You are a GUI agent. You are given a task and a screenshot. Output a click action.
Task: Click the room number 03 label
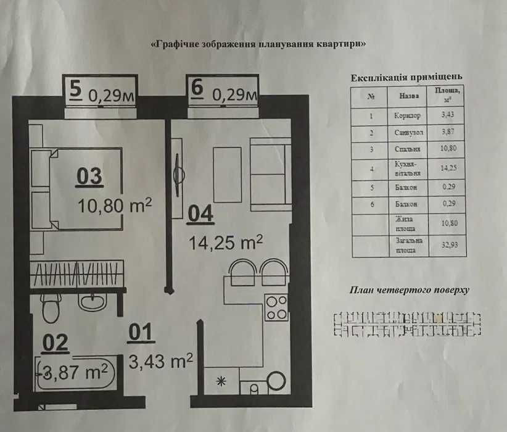[89, 177]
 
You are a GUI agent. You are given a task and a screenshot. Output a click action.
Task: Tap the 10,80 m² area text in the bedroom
[115, 205]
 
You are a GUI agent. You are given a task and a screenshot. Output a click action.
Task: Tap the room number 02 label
[55, 343]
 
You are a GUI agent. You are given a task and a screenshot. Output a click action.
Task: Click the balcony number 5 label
[75, 89]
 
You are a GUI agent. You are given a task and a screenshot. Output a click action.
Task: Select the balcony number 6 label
[197, 89]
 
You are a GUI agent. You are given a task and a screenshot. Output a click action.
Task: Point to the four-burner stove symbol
[276, 307]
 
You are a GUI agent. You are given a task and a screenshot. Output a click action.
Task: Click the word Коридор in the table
[406, 115]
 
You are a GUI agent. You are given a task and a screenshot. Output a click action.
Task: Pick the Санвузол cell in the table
[407, 132]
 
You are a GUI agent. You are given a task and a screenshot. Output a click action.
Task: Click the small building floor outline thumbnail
[407, 325]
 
